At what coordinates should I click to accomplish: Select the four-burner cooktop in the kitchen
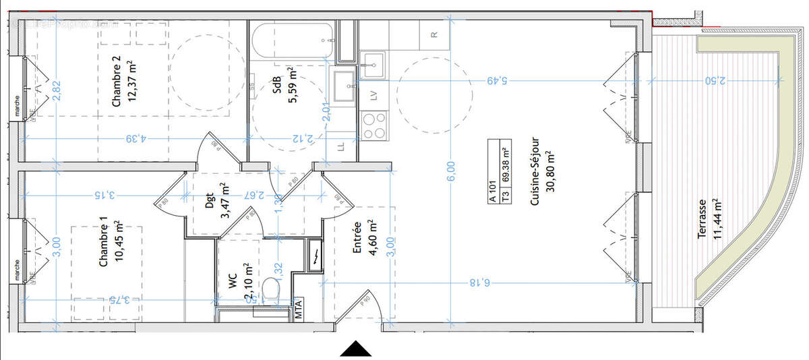pos(375,125)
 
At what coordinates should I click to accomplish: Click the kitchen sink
pos(371,67)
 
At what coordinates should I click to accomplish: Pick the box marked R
pos(435,34)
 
